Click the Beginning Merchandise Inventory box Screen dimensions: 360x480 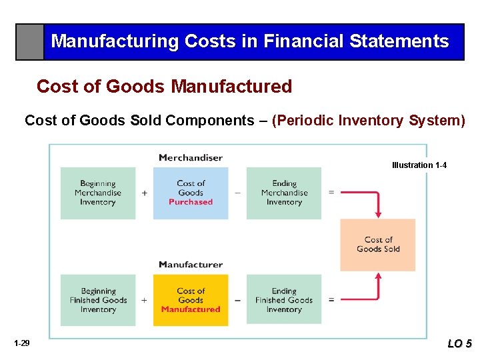pos(98,193)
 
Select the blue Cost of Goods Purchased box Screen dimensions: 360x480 pos(191,193)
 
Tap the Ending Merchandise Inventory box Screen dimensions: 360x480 pos(284,193)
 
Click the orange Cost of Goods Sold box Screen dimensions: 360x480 pos(378,245)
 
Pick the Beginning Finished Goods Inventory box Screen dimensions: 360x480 pos(98,300)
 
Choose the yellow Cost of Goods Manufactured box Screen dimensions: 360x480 pos(191,300)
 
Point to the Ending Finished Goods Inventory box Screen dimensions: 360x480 pos(284,300)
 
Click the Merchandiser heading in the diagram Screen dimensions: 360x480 pos(191,158)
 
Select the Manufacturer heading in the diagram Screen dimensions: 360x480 pos(191,265)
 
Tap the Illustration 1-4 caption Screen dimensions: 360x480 pos(419,165)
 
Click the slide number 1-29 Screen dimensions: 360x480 pos(21,343)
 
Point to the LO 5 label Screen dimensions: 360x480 pos(459,344)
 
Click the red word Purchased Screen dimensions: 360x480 pos(191,202)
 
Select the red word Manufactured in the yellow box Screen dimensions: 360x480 pos(191,309)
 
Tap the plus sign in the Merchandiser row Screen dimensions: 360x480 pos(145,193)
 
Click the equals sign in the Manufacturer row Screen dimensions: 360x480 pos(331,300)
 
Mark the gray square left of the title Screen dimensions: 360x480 pos(30,42)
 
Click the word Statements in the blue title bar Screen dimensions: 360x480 pos(405,41)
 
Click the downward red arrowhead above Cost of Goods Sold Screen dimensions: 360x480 pos(378,214)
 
